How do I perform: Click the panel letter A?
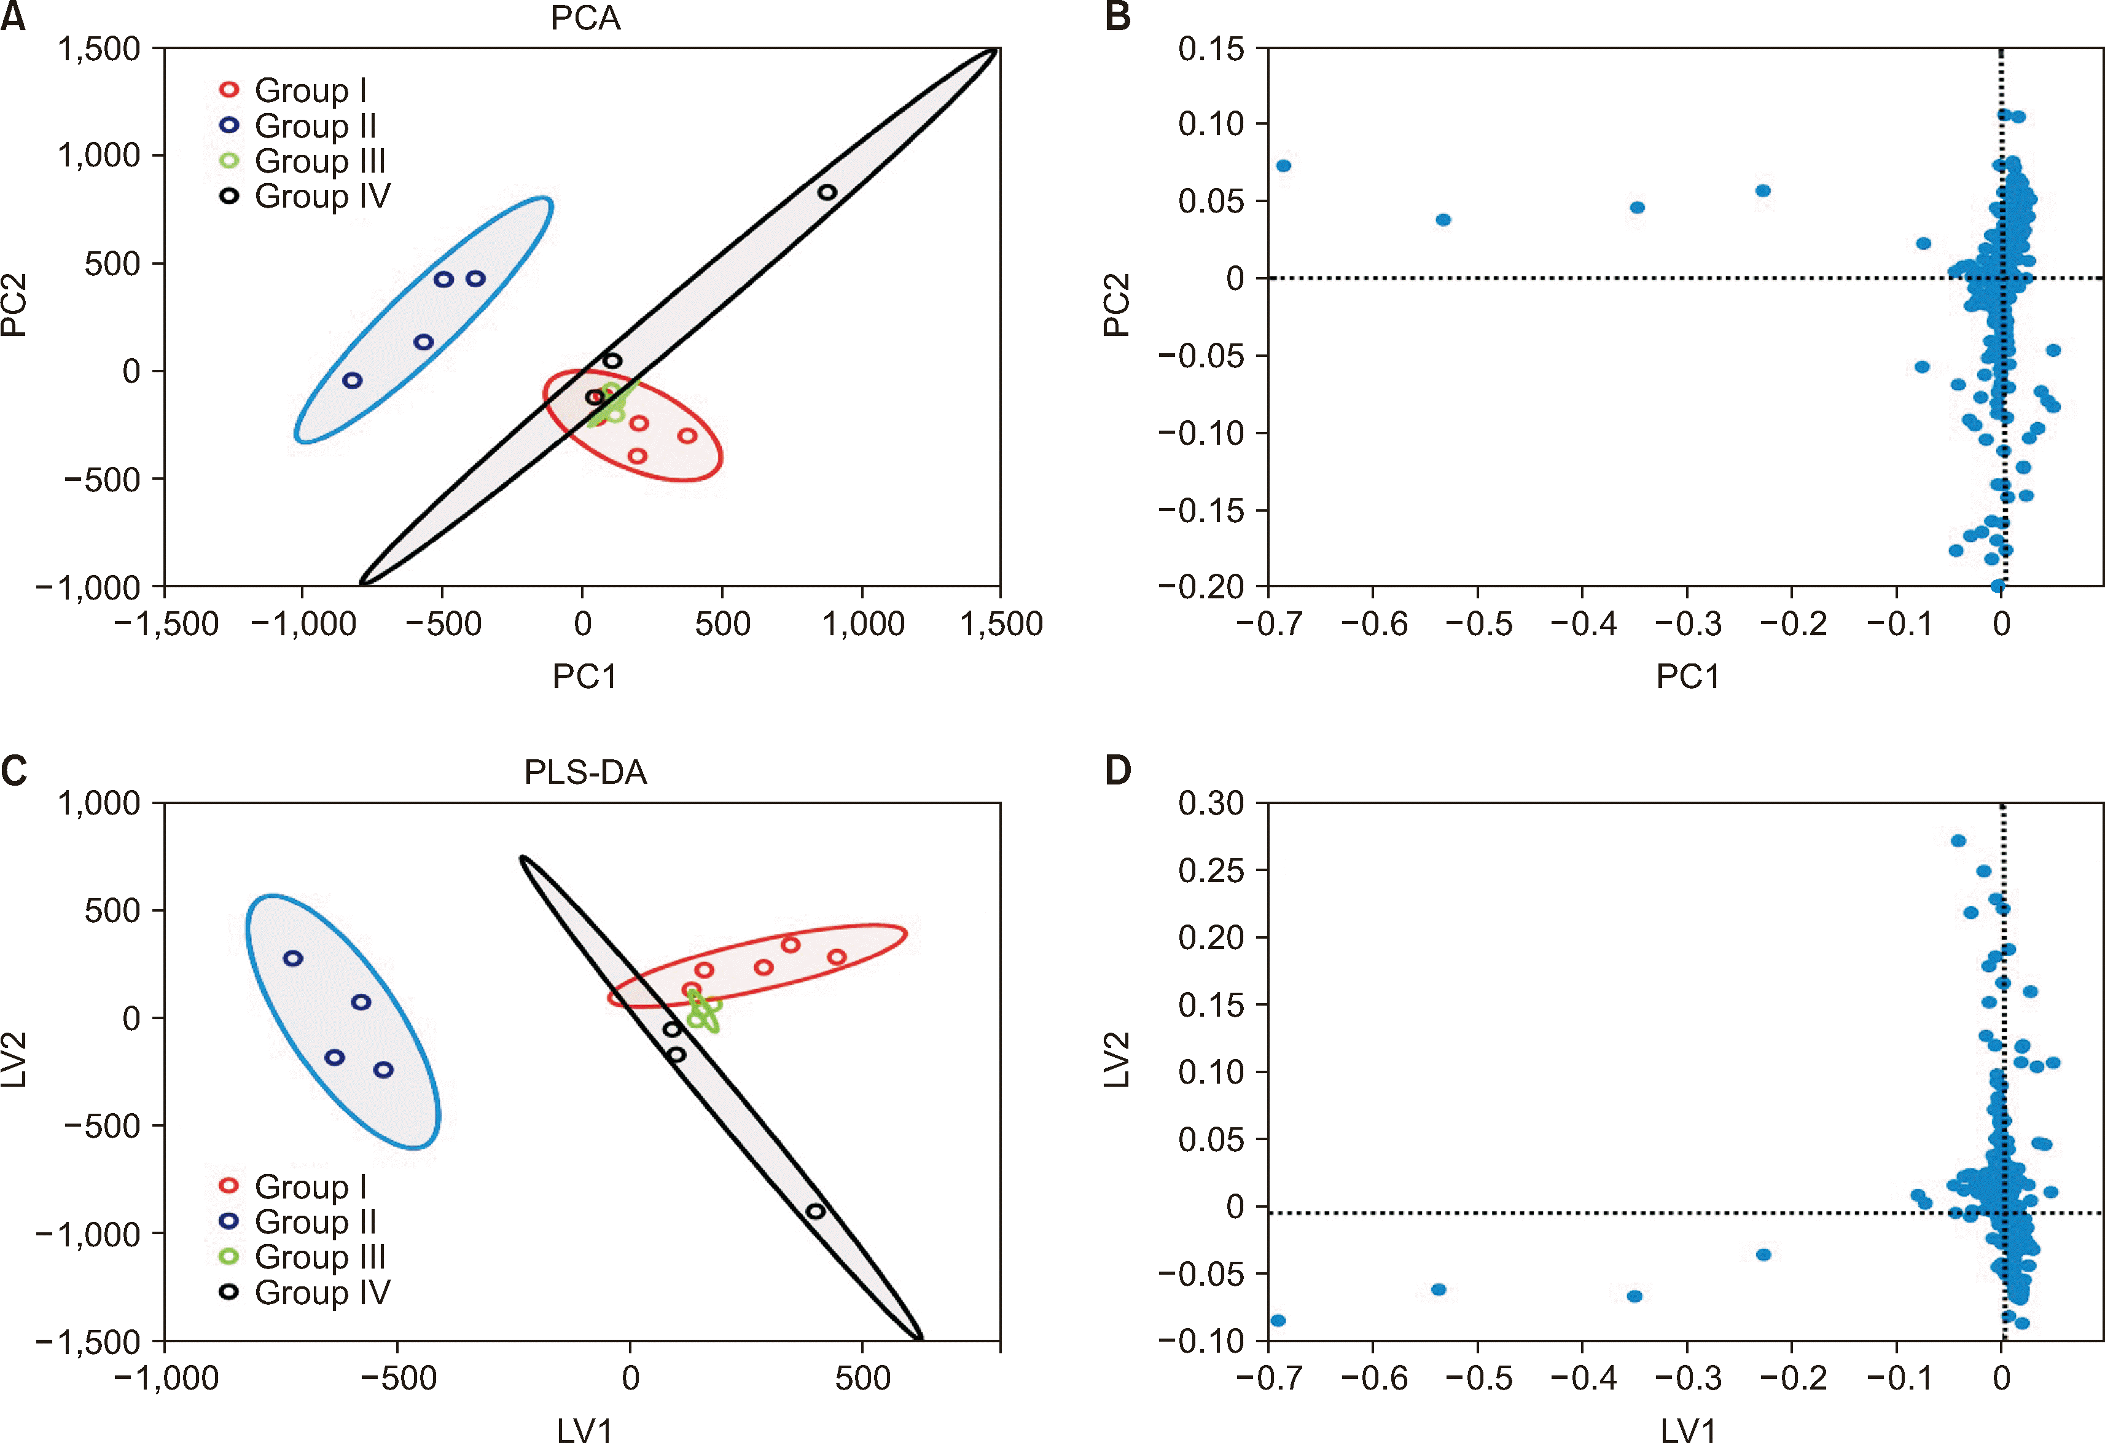13,18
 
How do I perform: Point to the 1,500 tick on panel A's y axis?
99,49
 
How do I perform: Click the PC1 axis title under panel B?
1687,676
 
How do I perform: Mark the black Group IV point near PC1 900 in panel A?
827,192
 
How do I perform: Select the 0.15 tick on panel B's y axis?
1210,49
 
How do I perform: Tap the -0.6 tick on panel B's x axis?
1373,624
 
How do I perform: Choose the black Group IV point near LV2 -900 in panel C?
815,1211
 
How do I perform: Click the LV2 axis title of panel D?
1117,1059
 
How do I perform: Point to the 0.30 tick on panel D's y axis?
1210,802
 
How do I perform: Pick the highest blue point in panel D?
1958,840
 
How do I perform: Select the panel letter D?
1119,771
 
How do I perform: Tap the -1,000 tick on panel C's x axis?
166,1378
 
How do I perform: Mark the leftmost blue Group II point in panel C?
292,958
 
